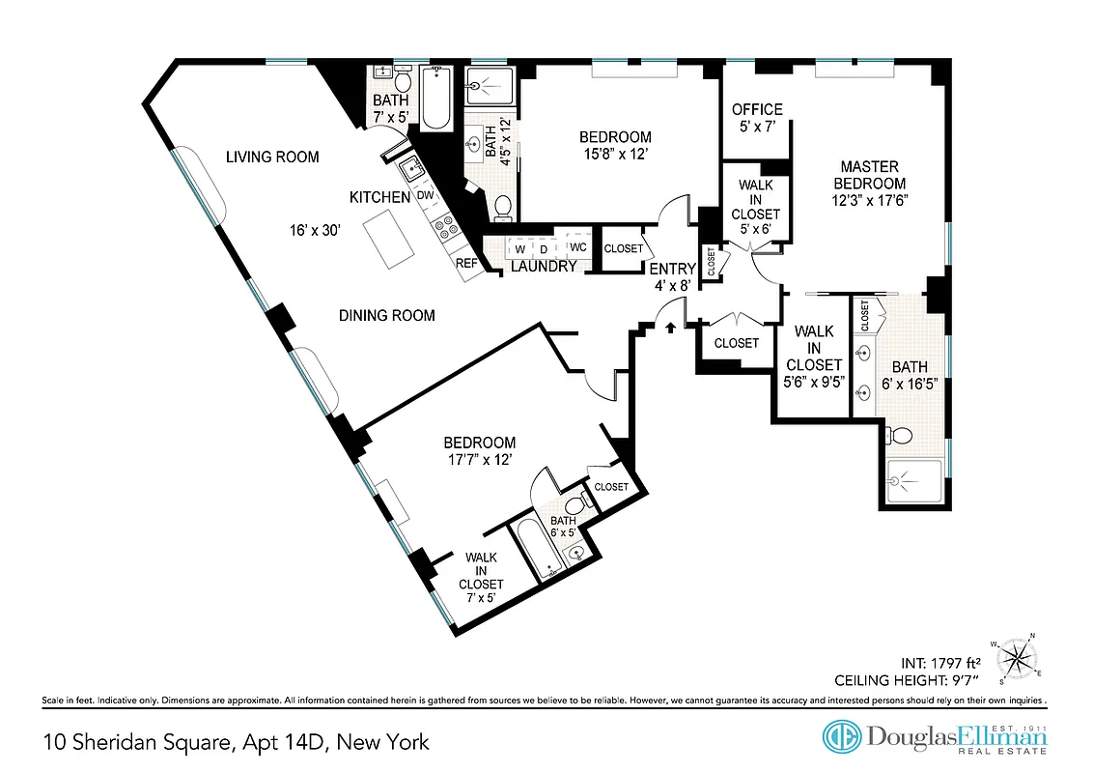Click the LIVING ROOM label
272,157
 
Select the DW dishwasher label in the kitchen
425,196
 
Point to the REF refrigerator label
465,263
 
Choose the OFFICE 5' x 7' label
757,118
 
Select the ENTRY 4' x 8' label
672,276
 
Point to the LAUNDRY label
544,267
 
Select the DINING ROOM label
386,315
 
